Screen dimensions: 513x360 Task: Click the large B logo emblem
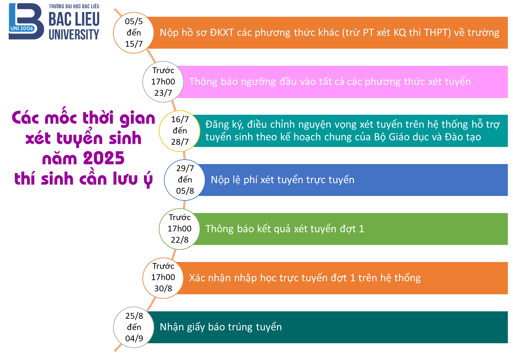(26, 21)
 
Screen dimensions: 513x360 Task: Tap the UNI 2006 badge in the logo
(22, 28)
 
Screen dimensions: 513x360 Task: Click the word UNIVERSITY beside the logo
(74, 34)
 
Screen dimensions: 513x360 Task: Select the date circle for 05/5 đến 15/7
(134, 33)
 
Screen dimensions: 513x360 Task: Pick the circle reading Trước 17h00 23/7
(163, 82)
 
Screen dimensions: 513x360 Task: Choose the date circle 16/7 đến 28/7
(180, 131)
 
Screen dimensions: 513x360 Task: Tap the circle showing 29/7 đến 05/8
(185, 180)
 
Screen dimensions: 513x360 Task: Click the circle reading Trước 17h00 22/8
(180, 229)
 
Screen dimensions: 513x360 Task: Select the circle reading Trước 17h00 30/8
(163, 278)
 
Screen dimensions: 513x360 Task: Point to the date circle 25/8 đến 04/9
(134, 327)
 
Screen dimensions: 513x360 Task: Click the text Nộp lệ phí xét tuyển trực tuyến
(282, 180)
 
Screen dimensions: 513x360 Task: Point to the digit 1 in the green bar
(361, 229)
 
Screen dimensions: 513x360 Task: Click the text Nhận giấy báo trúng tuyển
(221, 327)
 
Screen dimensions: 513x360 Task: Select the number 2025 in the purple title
(104, 158)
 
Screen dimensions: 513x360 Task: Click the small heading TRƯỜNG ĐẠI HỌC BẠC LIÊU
(74, 6)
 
